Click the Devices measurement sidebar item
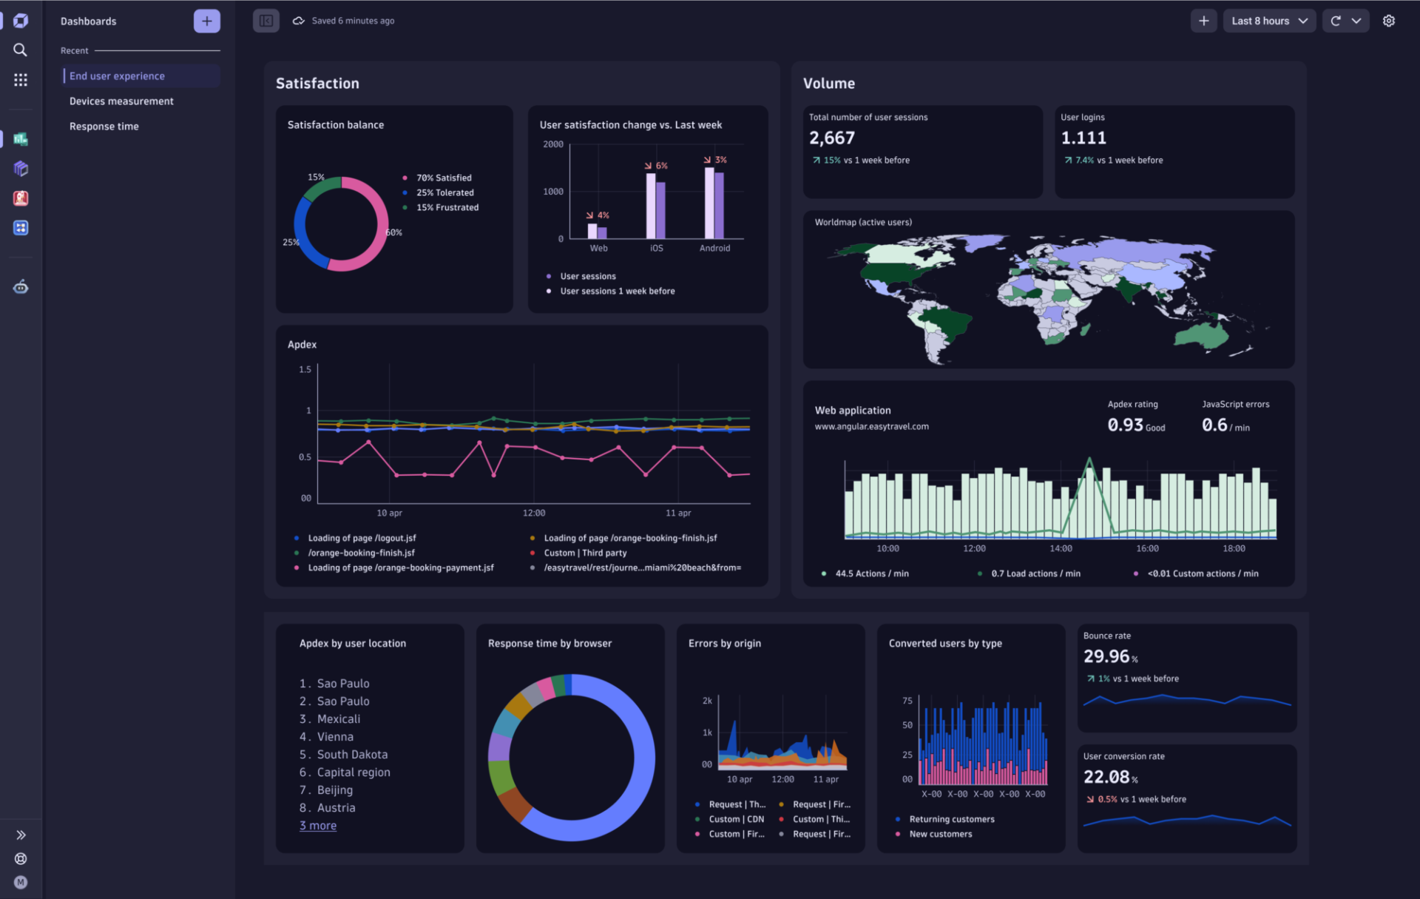tap(121, 101)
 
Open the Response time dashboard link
tap(104, 127)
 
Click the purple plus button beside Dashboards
tap(206, 21)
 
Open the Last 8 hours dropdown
tap(1268, 21)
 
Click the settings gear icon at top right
tap(1388, 21)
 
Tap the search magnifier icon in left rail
tap(21, 50)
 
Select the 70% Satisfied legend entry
tap(443, 178)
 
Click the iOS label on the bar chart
tap(656, 249)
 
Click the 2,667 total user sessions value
tap(831, 138)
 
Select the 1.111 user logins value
tap(1083, 138)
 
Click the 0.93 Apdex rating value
tap(1125, 425)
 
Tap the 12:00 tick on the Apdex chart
tap(533, 513)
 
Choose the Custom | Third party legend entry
tap(585, 553)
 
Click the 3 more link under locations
tap(317, 826)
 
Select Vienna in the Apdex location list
tap(334, 737)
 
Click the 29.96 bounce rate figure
tap(1106, 656)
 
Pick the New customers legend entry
tap(940, 834)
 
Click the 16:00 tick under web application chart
tap(1147, 548)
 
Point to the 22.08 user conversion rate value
tap(1106, 777)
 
